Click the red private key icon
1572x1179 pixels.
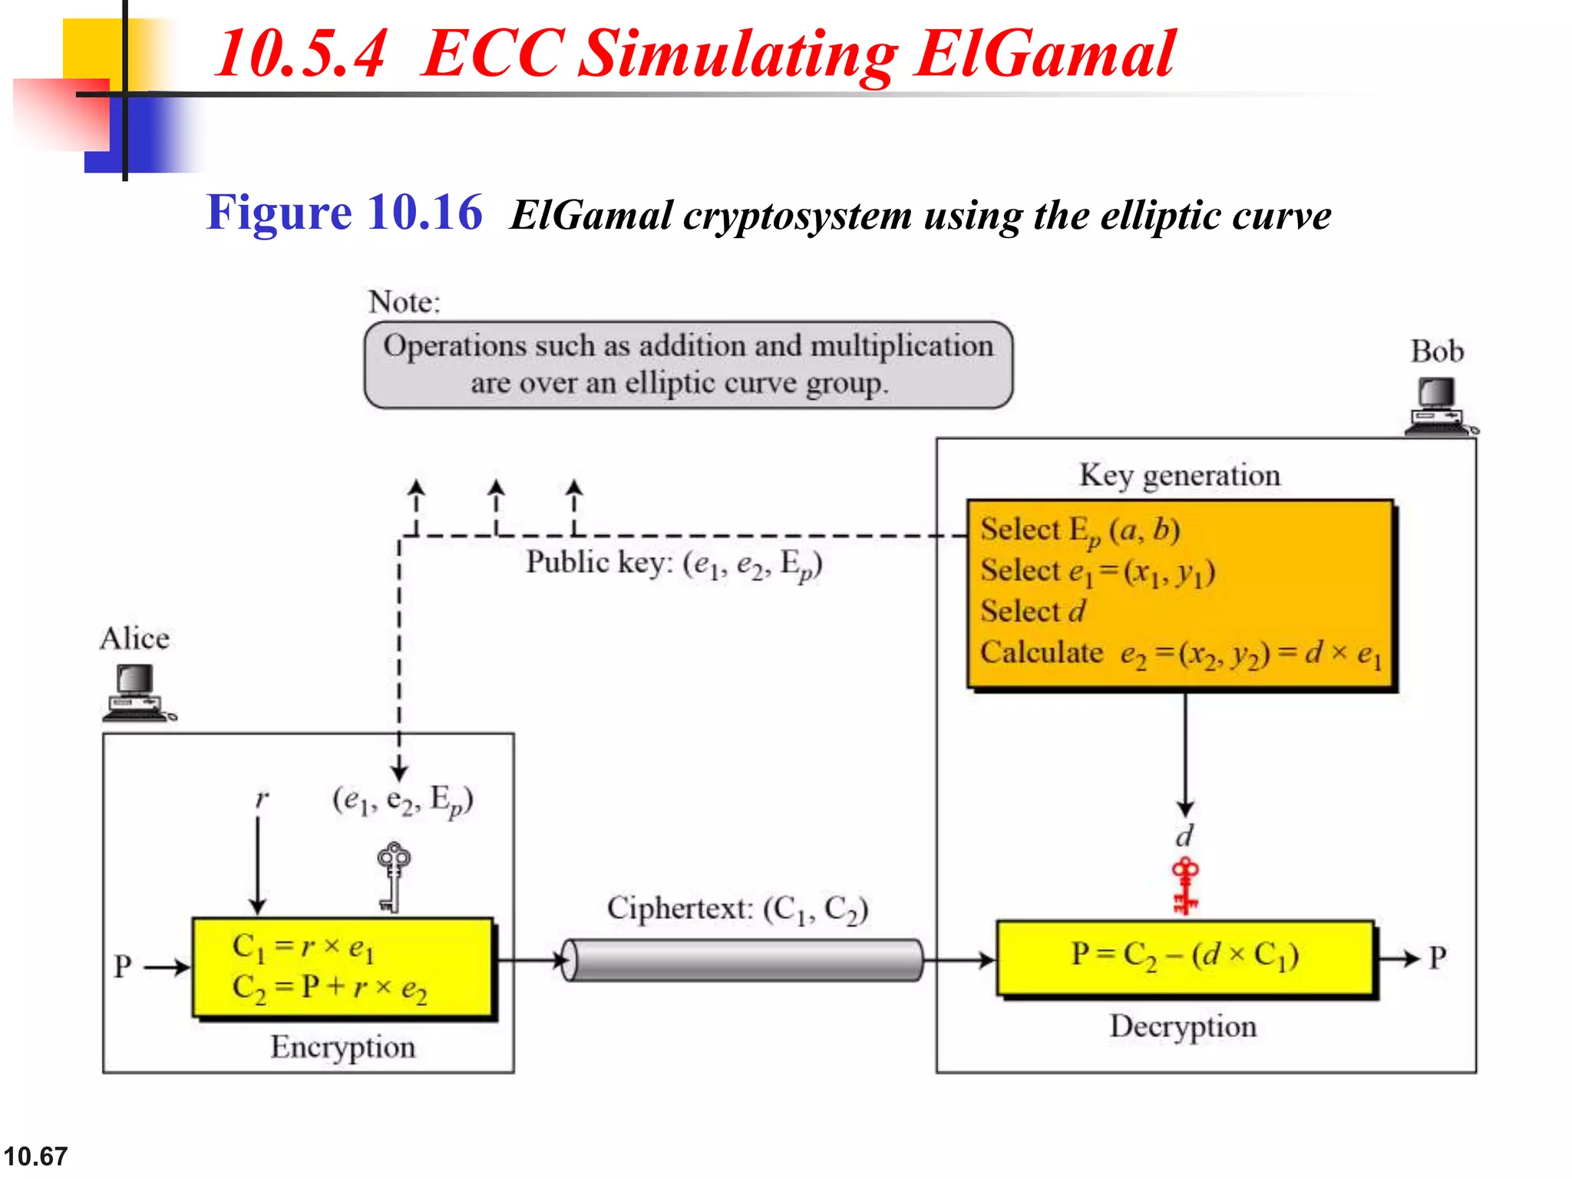[1185, 887]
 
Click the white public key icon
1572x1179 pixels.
[393, 877]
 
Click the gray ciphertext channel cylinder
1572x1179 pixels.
[742, 960]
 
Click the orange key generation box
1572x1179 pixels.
[1181, 595]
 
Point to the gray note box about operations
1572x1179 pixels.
[689, 365]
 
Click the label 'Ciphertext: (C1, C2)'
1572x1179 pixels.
[737, 909]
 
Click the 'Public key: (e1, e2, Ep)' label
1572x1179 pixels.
[673, 564]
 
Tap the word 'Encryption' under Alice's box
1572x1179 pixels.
[342, 1047]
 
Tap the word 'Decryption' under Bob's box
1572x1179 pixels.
[1183, 1026]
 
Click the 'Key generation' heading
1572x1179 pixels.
[1180, 475]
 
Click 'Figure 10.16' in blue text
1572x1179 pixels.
[344, 213]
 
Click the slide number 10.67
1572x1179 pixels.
[35, 1156]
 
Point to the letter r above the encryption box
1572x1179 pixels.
[262, 798]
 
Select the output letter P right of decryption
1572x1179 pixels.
[1437, 958]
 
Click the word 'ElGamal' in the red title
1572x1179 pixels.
[1044, 54]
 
